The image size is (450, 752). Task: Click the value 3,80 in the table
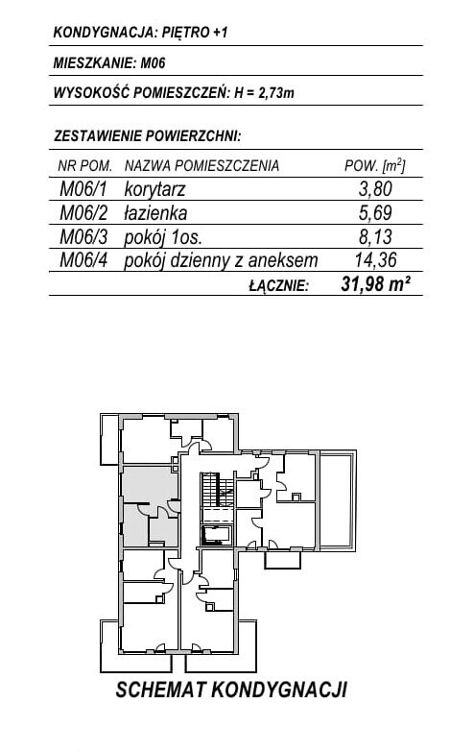click(x=376, y=189)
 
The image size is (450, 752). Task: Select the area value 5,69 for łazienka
click(x=376, y=212)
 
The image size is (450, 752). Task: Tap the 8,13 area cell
click(x=376, y=236)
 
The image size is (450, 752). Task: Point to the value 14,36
click(x=376, y=260)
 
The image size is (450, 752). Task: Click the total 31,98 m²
click(x=375, y=284)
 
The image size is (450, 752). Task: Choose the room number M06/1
click(x=83, y=189)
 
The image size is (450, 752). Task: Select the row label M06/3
click(x=83, y=236)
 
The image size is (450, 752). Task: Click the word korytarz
click(x=154, y=189)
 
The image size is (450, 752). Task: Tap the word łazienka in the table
click(x=155, y=213)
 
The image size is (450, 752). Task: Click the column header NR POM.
click(x=84, y=166)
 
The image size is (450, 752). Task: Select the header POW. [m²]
click(x=375, y=165)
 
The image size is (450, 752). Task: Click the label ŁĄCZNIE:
click(x=279, y=285)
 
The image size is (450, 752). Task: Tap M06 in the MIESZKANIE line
click(x=153, y=62)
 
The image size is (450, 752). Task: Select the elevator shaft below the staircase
click(x=217, y=535)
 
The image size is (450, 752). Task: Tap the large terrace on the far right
click(x=338, y=500)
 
